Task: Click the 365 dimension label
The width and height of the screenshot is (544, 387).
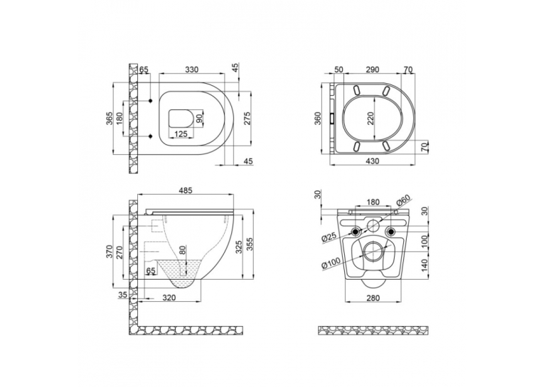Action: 109,119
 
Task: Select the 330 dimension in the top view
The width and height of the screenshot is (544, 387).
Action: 191,70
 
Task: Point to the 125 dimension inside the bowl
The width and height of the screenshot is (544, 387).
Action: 181,133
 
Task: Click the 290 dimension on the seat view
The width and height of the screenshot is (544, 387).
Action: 372,70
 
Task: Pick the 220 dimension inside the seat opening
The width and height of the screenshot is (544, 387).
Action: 370,119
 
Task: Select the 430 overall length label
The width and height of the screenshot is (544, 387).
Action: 372,160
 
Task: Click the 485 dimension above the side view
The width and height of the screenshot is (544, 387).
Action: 186,190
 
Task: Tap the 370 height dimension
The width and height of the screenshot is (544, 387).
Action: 109,252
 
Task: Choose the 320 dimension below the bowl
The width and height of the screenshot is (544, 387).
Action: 169,298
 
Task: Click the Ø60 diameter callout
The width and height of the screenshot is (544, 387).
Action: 403,201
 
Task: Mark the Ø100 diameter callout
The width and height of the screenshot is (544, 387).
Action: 331,261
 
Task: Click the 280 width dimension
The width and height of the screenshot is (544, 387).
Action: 373,298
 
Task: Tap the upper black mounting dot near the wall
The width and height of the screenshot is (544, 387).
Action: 151,101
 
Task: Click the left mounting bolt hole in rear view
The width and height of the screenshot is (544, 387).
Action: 356,231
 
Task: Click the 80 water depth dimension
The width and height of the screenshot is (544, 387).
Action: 183,250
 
